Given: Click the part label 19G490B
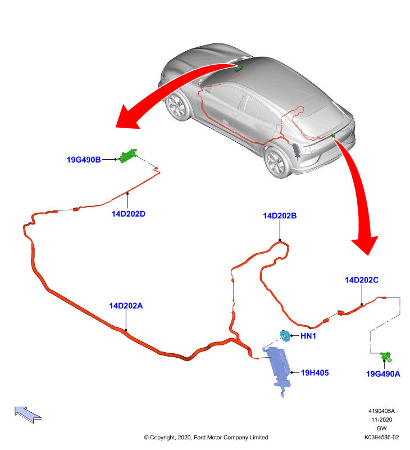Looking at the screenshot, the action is coord(84,160).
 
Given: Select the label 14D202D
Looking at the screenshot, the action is coord(129,214).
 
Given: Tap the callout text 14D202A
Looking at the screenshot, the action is coord(126,305).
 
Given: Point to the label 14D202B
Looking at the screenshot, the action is coord(280,216).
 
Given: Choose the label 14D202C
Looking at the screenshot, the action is coord(362,280).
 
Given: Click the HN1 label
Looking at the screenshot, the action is coord(308,336).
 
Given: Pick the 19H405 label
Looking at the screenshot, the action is coord(315,373).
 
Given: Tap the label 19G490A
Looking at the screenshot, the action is coord(383,374).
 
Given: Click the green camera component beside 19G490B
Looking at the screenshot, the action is coord(128,156).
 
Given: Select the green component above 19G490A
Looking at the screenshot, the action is coord(386,357).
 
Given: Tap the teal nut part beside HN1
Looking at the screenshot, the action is coord(285,336).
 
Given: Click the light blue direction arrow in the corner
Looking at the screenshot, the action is coord(28,415).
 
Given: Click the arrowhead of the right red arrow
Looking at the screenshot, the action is coord(365,245).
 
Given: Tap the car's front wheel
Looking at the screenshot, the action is coord(177,106).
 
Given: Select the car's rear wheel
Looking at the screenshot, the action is coord(276,162).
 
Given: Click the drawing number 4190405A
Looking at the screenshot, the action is coord(381,411).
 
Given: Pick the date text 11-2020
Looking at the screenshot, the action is coord(381,420).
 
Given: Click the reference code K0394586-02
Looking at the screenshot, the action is coord(381,438).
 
